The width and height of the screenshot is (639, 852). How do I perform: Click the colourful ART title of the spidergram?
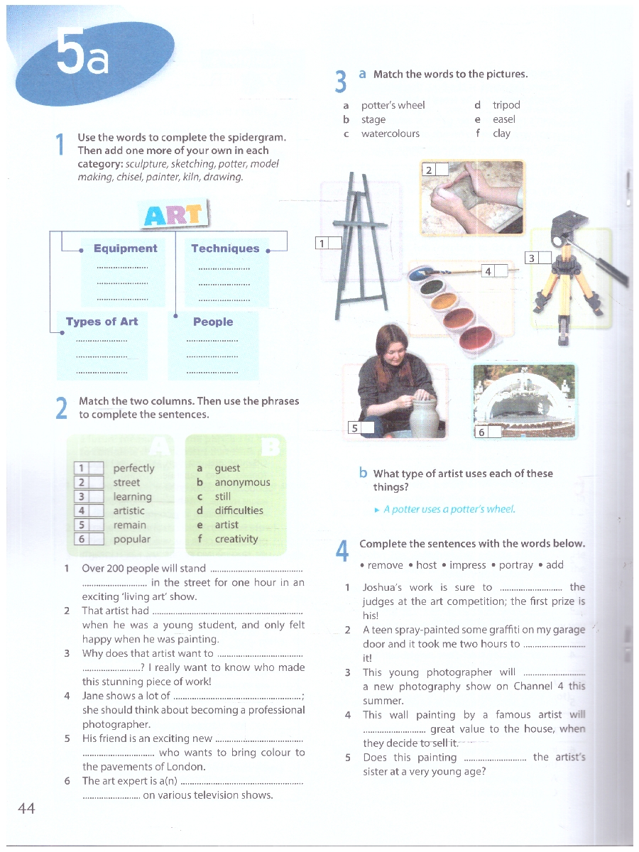pyautogui.click(x=173, y=214)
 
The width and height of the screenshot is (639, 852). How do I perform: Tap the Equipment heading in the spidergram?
pyautogui.click(x=126, y=248)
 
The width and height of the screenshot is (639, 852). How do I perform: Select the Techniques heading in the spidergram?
pyautogui.click(x=225, y=248)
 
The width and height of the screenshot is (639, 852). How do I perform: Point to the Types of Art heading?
pyautogui.click(x=102, y=322)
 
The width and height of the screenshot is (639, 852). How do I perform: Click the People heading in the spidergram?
pyautogui.click(x=213, y=322)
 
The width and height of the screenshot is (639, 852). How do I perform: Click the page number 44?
pyautogui.click(x=26, y=808)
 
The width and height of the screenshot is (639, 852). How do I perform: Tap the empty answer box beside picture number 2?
pyautogui.click(x=442, y=169)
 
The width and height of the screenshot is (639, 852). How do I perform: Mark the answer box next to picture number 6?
pyautogui.click(x=495, y=432)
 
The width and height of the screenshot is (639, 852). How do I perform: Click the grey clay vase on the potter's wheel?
pyautogui.click(x=425, y=418)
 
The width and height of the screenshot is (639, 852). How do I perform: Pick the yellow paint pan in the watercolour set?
pyautogui.click(x=444, y=302)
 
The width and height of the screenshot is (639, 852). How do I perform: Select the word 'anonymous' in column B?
pyautogui.click(x=243, y=483)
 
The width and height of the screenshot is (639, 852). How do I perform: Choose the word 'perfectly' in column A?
pyautogui.click(x=134, y=469)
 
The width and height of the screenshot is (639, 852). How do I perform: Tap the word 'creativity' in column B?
pyautogui.click(x=236, y=539)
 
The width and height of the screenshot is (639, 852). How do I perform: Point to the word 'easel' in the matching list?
pyautogui.click(x=504, y=119)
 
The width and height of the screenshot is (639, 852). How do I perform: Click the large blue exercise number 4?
pyautogui.click(x=342, y=551)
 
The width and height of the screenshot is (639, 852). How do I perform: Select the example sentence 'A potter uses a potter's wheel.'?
pyautogui.click(x=449, y=509)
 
